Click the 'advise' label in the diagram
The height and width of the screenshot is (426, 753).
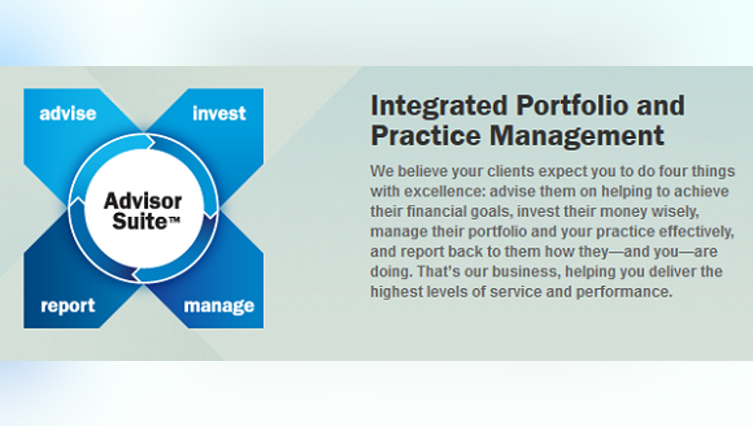[x=68, y=113]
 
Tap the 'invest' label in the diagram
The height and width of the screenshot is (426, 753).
[x=219, y=113]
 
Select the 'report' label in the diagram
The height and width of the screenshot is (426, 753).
[x=68, y=306]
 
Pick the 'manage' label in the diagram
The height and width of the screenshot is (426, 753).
[x=219, y=306]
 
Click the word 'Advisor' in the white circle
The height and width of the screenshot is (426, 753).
[x=143, y=201]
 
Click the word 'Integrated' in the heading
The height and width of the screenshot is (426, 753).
[x=439, y=106]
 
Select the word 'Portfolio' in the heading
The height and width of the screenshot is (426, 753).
[x=573, y=106]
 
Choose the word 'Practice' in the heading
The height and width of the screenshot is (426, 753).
[x=426, y=135]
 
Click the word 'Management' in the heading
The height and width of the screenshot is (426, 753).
[x=577, y=136]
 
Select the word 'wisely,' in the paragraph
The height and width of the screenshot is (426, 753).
[x=675, y=211]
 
